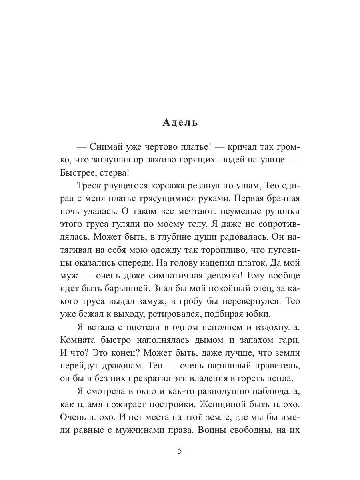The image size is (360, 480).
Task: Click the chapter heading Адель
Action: point(180,122)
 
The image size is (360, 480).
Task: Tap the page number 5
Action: point(180,451)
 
